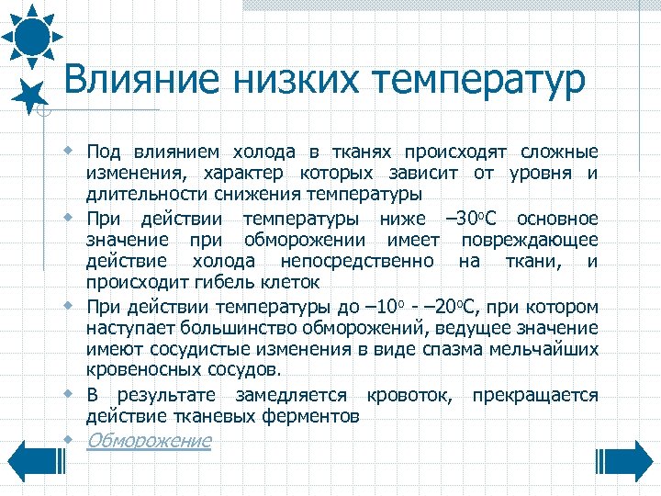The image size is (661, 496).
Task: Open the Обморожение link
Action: pos(149,440)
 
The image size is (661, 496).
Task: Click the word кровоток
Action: pos(412,395)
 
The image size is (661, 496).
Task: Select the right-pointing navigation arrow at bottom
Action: pos(628,458)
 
